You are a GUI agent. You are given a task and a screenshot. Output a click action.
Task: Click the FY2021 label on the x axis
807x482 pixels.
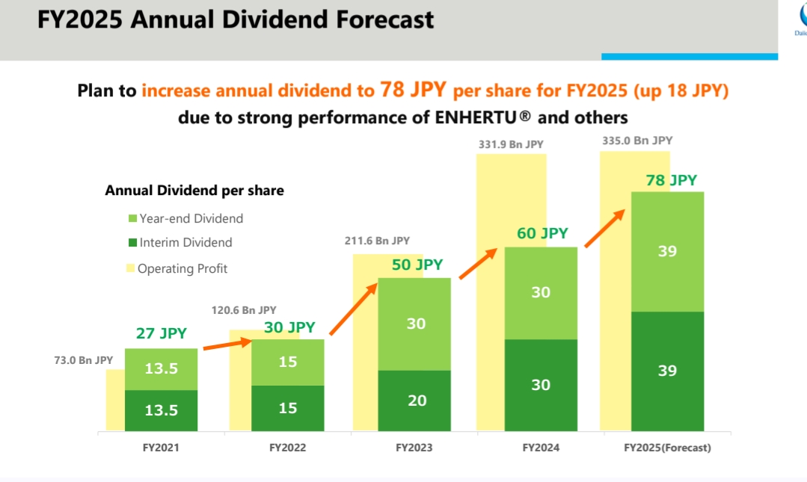(x=161, y=448)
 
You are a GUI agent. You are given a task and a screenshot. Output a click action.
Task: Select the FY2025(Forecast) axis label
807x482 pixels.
(x=667, y=448)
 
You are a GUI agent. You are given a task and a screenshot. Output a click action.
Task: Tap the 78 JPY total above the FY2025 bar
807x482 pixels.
(x=672, y=180)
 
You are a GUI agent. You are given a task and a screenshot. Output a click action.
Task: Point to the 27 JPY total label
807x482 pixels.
(x=162, y=333)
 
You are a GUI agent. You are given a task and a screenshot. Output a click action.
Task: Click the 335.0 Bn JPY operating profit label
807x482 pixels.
(x=637, y=140)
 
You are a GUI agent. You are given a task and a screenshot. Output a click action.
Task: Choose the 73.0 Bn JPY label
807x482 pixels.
(x=84, y=360)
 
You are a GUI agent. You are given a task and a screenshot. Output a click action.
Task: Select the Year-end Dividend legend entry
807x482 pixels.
(x=191, y=218)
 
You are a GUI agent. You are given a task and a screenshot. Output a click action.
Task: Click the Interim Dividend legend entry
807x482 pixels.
(x=185, y=242)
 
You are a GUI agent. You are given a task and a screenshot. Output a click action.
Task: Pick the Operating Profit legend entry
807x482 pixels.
(x=182, y=268)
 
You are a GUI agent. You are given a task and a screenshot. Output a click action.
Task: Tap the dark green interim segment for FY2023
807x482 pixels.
(x=414, y=401)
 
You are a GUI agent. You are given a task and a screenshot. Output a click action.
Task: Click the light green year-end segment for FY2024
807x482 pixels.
(x=541, y=292)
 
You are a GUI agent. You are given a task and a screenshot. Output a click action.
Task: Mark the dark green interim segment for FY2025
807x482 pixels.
(x=668, y=371)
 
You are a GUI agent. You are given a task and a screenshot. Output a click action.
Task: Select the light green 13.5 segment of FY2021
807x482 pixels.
(x=162, y=368)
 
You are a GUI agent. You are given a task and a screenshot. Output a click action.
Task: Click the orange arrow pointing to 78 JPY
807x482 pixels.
(x=604, y=228)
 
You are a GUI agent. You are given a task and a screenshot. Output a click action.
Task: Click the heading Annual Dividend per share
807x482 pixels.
(x=194, y=191)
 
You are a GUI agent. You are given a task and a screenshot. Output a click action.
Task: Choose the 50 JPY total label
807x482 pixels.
(x=417, y=265)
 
